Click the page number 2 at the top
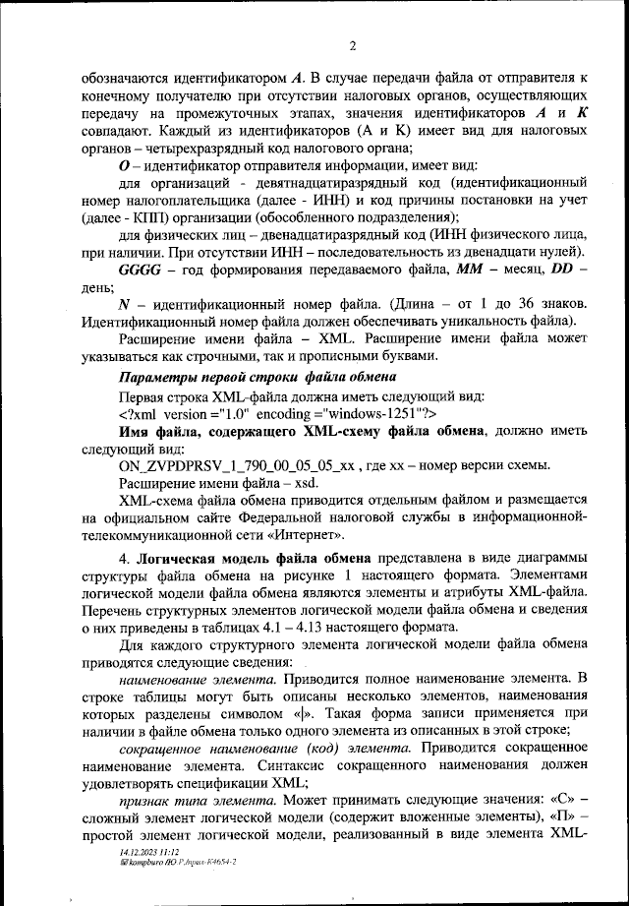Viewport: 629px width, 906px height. [x=351, y=43]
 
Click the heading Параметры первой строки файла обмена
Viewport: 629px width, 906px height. [x=257, y=378]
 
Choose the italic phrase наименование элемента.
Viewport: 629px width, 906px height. [x=196, y=680]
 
